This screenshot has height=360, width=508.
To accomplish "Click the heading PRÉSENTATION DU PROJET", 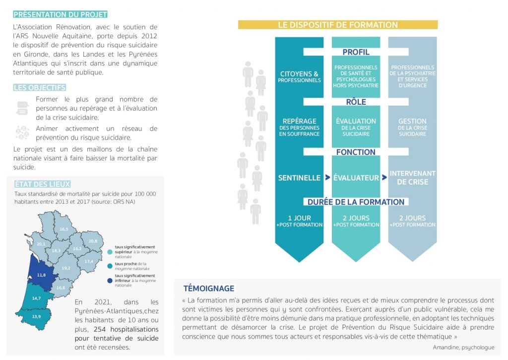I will point(60,14).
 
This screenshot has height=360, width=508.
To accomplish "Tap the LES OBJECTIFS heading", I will point(40,88).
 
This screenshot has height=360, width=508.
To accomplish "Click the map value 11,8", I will point(42,275).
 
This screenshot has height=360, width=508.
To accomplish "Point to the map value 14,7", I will point(36,298).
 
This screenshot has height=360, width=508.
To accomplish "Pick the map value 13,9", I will point(36,316).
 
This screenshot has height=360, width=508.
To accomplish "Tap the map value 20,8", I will point(93,241).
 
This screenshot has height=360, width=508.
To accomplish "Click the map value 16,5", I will point(63,229).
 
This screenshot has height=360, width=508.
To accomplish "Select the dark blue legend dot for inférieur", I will point(110,281).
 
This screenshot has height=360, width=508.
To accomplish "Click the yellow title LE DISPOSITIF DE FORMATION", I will point(337,25).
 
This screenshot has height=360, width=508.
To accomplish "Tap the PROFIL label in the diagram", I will point(356,52).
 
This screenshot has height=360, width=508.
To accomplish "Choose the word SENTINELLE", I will point(299,178).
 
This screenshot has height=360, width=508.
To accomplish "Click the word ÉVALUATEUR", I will point(356,178).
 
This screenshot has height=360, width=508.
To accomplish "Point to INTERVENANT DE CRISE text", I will point(412,178).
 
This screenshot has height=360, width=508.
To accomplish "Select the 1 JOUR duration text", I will point(299,218).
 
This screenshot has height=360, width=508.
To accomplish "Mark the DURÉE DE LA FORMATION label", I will point(356,202).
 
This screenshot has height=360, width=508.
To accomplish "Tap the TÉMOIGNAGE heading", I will point(208,288).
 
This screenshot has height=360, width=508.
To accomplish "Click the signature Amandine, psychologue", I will point(463,347).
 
